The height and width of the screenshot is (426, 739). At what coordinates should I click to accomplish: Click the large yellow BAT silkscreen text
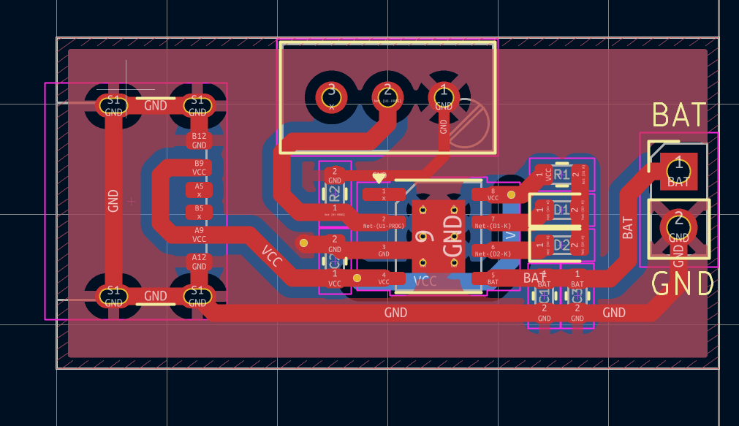tap(679, 115)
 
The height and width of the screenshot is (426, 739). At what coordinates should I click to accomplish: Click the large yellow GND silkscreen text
tap(683, 284)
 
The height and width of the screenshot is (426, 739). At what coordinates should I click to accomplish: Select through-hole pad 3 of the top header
tap(331, 94)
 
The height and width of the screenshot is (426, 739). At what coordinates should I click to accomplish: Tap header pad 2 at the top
tap(387, 94)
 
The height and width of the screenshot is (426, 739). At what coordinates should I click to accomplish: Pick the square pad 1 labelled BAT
tap(678, 170)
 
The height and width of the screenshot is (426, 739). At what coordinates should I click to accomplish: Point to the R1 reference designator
tap(561, 175)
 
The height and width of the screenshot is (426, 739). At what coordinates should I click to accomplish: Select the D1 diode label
tap(561, 210)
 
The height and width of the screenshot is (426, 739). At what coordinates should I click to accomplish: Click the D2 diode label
tap(561, 245)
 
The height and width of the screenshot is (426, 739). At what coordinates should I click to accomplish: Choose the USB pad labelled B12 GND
tap(199, 140)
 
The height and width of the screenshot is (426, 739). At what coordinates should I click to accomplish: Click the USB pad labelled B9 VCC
tap(199, 167)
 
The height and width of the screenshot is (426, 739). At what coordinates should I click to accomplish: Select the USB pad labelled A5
tap(199, 190)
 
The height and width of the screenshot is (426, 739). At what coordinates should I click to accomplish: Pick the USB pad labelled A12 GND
tap(199, 262)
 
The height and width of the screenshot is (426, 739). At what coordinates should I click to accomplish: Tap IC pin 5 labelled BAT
tap(493, 278)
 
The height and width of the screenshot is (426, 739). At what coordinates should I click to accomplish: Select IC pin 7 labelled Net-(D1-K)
tap(493, 222)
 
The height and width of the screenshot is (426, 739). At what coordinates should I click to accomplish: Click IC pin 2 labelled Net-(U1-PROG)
tap(384, 222)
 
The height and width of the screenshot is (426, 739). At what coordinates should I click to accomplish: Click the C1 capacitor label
tap(544, 297)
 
